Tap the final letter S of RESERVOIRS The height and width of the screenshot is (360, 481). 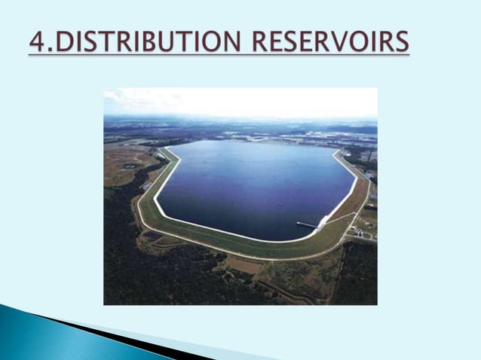(x=402, y=42)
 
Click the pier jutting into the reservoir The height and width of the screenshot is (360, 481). (x=307, y=224)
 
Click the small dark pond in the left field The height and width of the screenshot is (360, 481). (x=130, y=165)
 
